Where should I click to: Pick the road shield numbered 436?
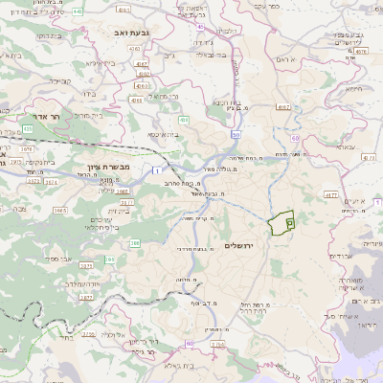[183, 120]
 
